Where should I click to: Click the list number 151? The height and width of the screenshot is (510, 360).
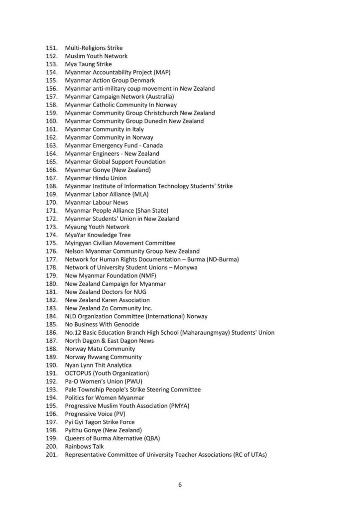pyautogui.click(x=51, y=48)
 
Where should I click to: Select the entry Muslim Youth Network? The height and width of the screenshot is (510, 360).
pyautogui.click(x=96, y=56)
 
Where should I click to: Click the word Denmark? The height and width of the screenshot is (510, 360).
pyautogui.click(x=143, y=81)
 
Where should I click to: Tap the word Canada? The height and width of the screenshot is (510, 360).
pyautogui.click(x=155, y=145)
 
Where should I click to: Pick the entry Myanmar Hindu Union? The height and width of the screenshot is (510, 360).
pyautogui.click(x=96, y=178)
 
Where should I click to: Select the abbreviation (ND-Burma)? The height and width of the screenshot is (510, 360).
pyautogui.click(x=220, y=259)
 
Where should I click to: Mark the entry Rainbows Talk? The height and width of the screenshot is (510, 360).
pyautogui.click(x=84, y=446)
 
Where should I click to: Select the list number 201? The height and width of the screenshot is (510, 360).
pyautogui.click(x=51, y=455)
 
